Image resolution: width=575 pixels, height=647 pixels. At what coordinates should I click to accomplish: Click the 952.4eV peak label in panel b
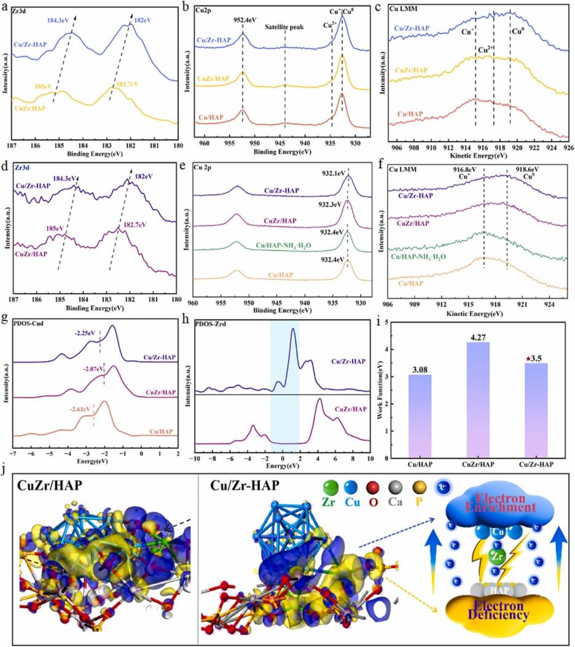244,19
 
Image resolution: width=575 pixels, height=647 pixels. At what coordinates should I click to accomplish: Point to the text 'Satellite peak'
284,28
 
